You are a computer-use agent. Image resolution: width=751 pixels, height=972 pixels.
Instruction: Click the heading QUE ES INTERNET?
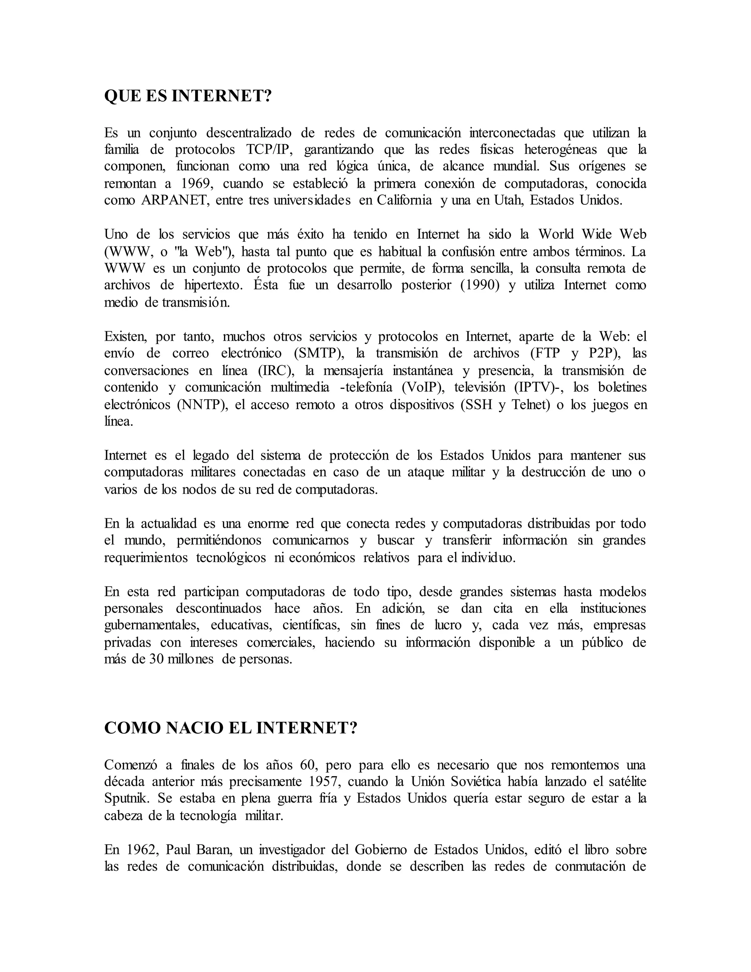pyautogui.click(x=187, y=96)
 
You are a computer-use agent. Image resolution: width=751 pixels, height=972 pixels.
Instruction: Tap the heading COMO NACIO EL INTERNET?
pyautogui.click(x=230, y=728)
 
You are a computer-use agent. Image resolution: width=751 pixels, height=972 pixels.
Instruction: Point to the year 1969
pyautogui.click(x=197, y=183)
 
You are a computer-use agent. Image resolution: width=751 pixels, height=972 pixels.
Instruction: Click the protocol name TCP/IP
pyautogui.click(x=269, y=150)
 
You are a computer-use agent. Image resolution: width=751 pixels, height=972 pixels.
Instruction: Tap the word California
pyautogui.click(x=404, y=200)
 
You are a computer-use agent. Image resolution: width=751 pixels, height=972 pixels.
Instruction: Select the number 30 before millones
pyautogui.click(x=156, y=659)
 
